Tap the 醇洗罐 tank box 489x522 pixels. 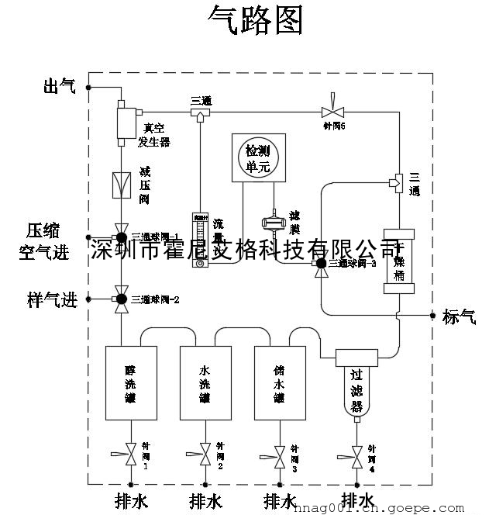click(131, 384)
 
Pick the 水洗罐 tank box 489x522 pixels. click(205, 384)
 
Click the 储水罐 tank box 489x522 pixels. click(280, 384)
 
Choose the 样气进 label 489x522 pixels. click(53, 299)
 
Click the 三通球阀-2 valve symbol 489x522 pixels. click(121, 299)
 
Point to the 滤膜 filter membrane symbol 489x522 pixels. click(273, 225)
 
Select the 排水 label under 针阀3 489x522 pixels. click(280, 500)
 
